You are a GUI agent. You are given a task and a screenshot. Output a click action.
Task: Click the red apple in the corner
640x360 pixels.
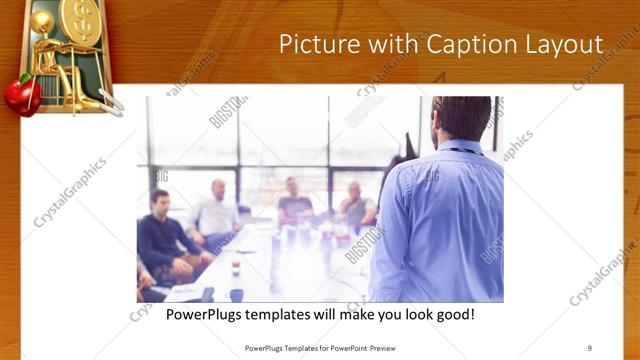(x=22, y=95)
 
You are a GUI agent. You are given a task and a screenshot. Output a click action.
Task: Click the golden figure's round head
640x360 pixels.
(x=43, y=22)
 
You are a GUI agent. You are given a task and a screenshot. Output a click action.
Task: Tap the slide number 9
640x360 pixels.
(x=590, y=348)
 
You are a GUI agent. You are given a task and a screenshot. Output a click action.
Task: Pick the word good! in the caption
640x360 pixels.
(x=453, y=315)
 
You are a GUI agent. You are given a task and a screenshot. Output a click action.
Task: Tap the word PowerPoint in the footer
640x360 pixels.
(x=340, y=348)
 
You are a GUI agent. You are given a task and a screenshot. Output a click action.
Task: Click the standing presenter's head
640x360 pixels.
(x=462, y=118)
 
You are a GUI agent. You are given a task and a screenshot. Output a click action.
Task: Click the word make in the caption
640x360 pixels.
(x=344, y=315)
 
